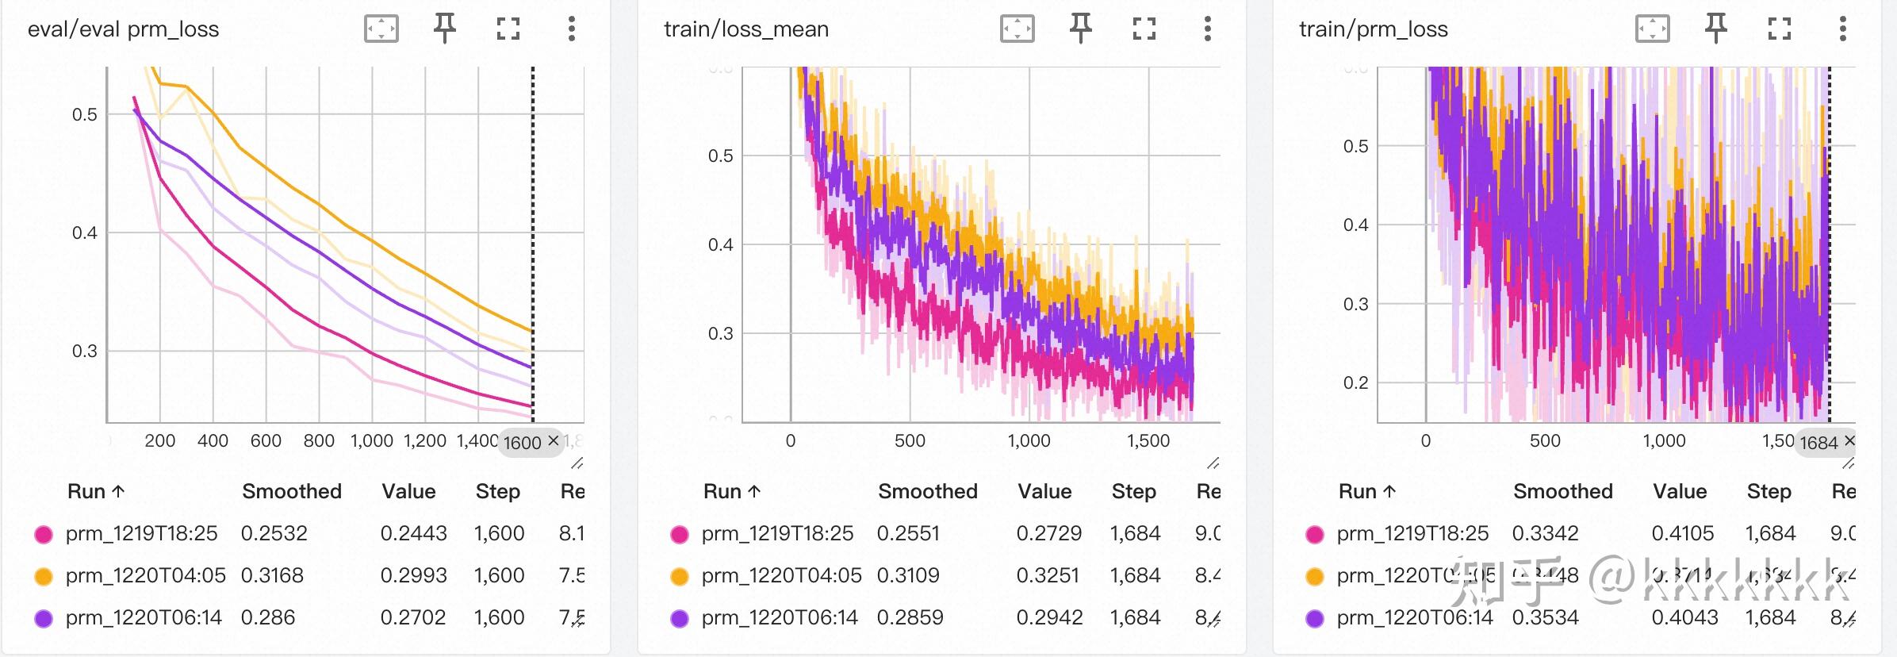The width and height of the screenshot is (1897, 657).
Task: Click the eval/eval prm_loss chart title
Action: point(123,29)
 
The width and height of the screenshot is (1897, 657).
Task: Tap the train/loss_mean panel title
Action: point(745,29)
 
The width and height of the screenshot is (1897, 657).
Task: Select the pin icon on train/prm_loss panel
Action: point(1715,29)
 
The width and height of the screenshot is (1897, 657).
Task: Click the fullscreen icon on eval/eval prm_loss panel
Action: point(508,29)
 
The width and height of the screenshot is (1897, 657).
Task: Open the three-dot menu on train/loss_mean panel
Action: point(1207,29)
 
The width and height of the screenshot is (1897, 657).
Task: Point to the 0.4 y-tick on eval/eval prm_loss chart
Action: point(84,232)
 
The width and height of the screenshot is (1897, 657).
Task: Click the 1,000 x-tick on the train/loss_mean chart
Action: point(1029,441)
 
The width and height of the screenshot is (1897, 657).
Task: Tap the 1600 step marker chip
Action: point(522,442)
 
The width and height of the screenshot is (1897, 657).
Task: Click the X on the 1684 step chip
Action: point(1849,440)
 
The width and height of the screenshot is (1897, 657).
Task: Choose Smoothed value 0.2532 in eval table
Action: point(274,533)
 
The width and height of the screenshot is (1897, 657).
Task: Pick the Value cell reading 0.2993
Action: point(413,575)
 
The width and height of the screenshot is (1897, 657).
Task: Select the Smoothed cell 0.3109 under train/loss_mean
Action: point(908,575)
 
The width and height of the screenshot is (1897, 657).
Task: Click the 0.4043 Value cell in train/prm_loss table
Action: point(1684,617)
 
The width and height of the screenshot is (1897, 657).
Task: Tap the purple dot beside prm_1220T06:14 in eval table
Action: point(44,618)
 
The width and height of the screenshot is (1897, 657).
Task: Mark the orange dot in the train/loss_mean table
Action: point(680,576)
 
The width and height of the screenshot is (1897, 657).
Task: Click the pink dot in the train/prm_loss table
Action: point(1315,534)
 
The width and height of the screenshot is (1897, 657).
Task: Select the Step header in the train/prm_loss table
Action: point(1769,492)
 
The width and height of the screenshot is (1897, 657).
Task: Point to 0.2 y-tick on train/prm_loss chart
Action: point(1355,382)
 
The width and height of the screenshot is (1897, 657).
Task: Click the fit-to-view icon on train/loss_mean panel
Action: point(1017,29)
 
